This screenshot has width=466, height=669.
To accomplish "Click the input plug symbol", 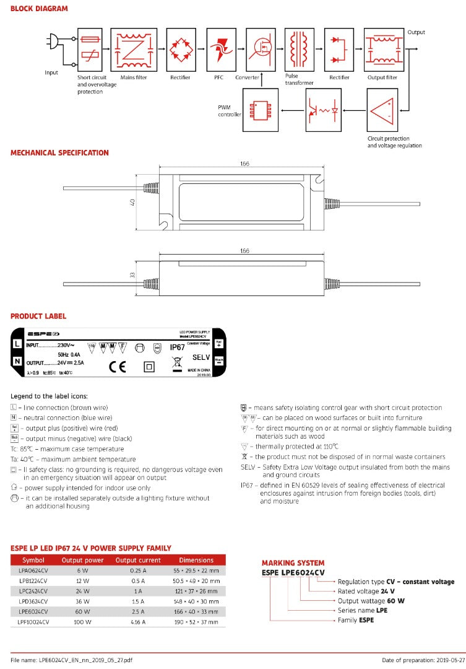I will coord(51,43).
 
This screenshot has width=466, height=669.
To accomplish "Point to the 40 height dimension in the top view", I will coord(132,203).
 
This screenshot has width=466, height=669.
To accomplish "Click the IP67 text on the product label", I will coord(178,348).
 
